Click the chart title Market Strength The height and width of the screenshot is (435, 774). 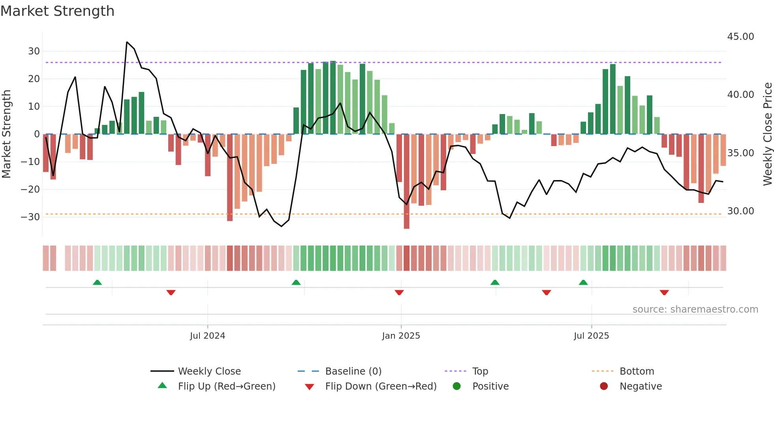tap(57, 11)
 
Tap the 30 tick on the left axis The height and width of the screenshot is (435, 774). tap(34, 51)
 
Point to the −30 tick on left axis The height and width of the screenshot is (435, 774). tap(30, 217)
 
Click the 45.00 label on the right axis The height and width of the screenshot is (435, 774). tap(740, 37)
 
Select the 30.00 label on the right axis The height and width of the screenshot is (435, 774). tap(740, 211)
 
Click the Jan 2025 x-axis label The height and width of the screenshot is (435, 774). tap(401, 336)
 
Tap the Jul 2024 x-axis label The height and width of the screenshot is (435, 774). tap(207, 336)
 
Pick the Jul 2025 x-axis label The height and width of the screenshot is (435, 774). tap(591, 336)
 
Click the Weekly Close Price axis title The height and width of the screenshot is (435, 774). tap(767, 134)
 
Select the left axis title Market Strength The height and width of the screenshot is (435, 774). tap(7, 134)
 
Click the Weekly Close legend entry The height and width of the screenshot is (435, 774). tap(209, 371)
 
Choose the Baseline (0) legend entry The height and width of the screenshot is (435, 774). tap(353, 371)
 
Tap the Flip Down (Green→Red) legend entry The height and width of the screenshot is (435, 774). tap(381, 386)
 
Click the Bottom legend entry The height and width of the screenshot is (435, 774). tap(637, 371)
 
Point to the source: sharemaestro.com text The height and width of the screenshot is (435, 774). tap(695, 309)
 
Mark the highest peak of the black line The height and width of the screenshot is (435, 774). tap(127, 42)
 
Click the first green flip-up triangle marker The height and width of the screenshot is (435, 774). tap(97, 282)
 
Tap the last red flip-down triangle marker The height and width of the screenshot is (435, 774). tap(664, 292)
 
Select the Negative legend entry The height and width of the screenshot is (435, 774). tap(640, 386)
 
